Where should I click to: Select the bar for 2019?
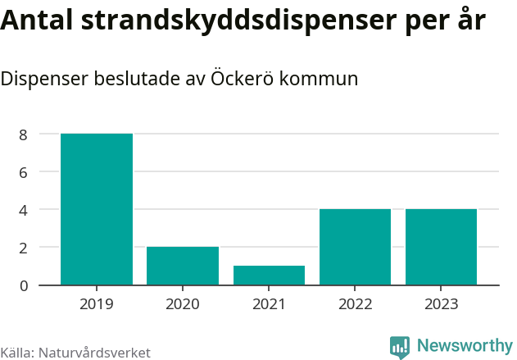[97, 209]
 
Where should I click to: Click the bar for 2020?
[183, 266]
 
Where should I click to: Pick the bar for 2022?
[355, 247]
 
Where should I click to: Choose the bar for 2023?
[441, 247]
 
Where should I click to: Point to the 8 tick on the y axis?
[24, 134]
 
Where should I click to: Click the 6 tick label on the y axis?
[24, 172]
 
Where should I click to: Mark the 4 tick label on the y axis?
[24, 210]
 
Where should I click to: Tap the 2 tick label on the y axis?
[24, 248]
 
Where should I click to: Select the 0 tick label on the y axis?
[24, 285]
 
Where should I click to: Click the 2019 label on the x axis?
[97, 304]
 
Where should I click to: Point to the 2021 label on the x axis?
[269, 304]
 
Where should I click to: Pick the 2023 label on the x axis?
[441, 304]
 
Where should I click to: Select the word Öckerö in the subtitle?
[243, 80]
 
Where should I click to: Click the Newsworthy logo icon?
[400, 347]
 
